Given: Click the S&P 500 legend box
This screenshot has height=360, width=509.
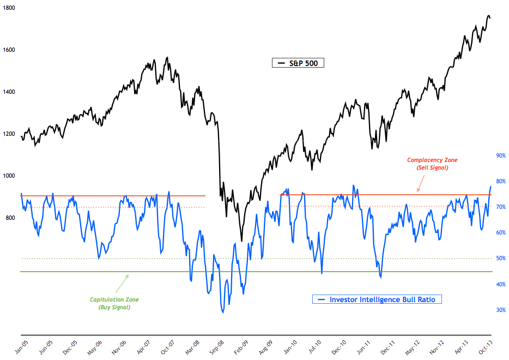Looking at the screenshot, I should [x=298, y=63].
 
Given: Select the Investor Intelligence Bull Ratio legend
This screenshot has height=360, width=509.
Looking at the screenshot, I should [x=377, y=299].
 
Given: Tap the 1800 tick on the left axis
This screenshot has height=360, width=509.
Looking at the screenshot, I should [x=9, y=8].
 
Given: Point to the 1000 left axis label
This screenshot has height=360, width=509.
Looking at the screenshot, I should [x=9, y=176].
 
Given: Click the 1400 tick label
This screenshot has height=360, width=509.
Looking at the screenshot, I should [x=9, y=92].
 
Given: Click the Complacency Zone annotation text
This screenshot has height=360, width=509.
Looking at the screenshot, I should [x=432, y=160].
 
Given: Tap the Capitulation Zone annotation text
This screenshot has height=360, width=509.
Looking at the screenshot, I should [x=114, y=299].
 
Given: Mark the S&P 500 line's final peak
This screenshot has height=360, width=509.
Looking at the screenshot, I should [x=488, y=16].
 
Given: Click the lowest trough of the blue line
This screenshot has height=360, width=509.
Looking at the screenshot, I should [x=223, y=313].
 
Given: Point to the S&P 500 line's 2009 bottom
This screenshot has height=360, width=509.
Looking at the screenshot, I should [x=242, y=241].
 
